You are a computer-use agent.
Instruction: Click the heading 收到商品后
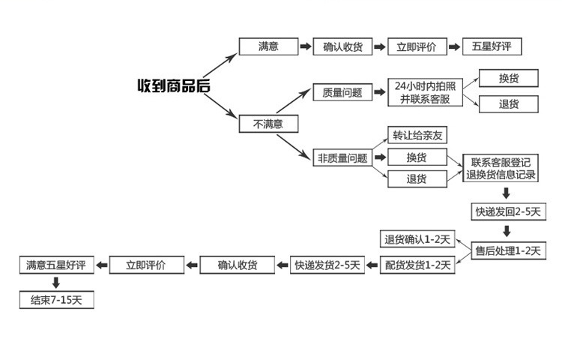point(173,85)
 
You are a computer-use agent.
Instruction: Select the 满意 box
point(268,46)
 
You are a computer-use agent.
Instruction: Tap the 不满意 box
point(268,124)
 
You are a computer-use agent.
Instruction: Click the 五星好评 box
point(492,46)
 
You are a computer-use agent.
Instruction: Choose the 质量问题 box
point(342,93)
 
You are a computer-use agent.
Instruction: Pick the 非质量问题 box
point(342,157)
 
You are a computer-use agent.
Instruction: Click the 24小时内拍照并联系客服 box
point(425,93)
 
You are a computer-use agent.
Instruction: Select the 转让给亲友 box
point(417,136)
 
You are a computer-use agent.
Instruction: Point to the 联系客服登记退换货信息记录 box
point(501,169)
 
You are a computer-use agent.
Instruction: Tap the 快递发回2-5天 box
point(507,211)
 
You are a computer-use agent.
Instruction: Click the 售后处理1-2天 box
point(507,250)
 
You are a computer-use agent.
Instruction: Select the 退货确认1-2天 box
point(417,240)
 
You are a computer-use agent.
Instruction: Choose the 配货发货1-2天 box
point(417,265)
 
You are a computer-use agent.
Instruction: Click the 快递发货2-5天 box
point(327,265)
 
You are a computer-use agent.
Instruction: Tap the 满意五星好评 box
point(57,265)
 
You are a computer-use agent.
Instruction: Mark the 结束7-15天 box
point(57,300)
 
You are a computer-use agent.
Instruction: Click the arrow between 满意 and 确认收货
point(306,46)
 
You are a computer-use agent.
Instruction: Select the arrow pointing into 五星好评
point(454,46)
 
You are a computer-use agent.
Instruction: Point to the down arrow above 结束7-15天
point(55,283)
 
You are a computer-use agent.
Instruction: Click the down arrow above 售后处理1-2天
point(507,231)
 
